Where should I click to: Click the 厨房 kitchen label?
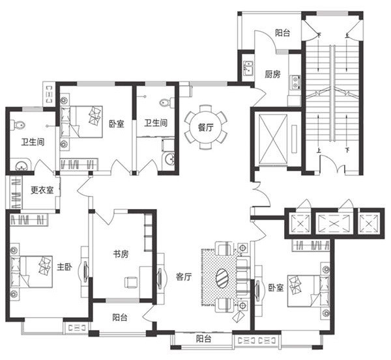[x=272, y=74]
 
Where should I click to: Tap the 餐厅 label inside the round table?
[x=206, y=128]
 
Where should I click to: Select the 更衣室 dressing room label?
[x=42, y=190]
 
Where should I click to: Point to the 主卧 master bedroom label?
[x=65, y=267]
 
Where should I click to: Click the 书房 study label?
[x=121, y=255]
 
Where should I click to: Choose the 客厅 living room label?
[x=184, y=277]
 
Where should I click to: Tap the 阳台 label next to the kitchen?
[x=283, y=33]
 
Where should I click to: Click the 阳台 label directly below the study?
[x=120, y=318]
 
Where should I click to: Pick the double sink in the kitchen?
[x=248, y=68]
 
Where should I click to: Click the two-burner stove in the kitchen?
[x=295, y=82]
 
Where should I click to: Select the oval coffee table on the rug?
[x=223, y=277]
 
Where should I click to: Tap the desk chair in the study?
[x=131, y=283]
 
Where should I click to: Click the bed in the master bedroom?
[x=32, y=272]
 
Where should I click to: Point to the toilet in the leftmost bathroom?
[x=18, y=125]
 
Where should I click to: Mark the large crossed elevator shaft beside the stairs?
[x=273, y=139]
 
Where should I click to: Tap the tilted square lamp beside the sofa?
[x=238, y=315]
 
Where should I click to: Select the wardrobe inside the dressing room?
[x=16, y=193]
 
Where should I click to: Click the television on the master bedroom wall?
[x=85, y=271]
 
